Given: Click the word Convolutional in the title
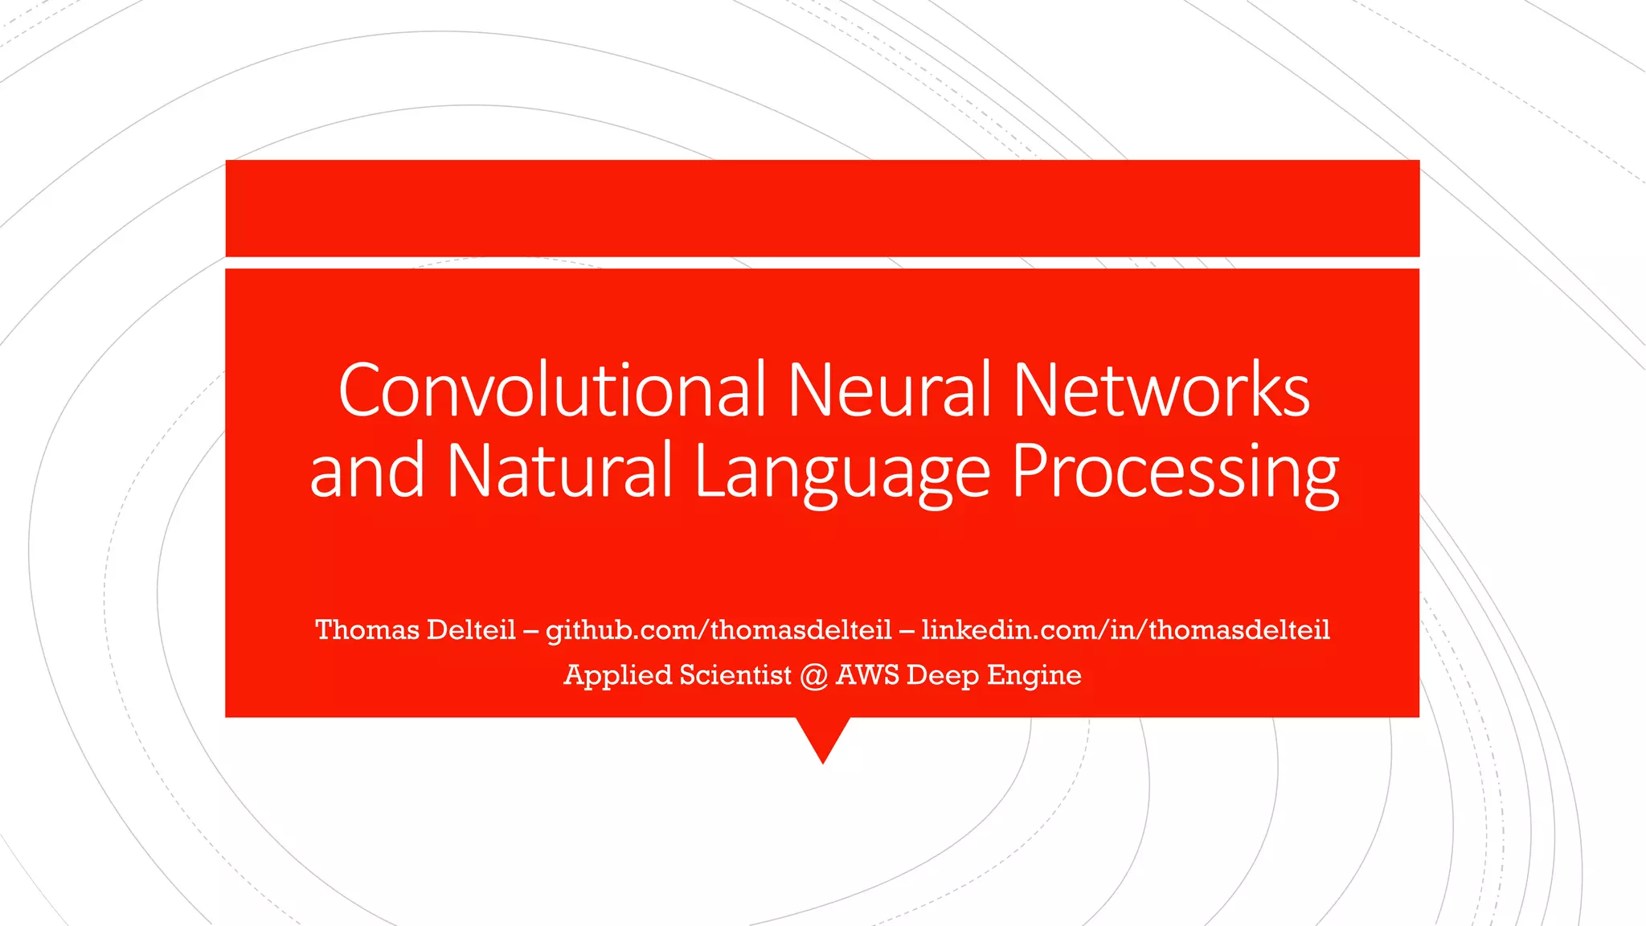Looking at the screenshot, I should point(552,391).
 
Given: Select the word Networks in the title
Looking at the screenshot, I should point(1161,391).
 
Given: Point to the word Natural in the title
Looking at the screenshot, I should point(559,472).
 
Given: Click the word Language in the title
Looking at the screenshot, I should point(841,473).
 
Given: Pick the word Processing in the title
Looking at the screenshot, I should point(1175,473).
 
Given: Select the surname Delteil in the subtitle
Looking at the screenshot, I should point(471,629).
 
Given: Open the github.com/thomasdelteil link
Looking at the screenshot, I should point(719,630).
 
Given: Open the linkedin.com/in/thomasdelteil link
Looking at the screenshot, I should point(1125,629).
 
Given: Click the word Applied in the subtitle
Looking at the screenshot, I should point(617,675).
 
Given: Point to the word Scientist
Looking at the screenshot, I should point(735,674).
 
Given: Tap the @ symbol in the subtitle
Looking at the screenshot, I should point(813,675).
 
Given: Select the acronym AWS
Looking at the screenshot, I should point(867,674).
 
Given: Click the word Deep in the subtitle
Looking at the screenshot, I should point(942,675).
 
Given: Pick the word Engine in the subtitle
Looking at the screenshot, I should point(1034,675).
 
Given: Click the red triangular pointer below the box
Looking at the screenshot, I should point(823,736).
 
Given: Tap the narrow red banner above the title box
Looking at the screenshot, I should point(822,208).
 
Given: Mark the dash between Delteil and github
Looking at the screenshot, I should point(530,630).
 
